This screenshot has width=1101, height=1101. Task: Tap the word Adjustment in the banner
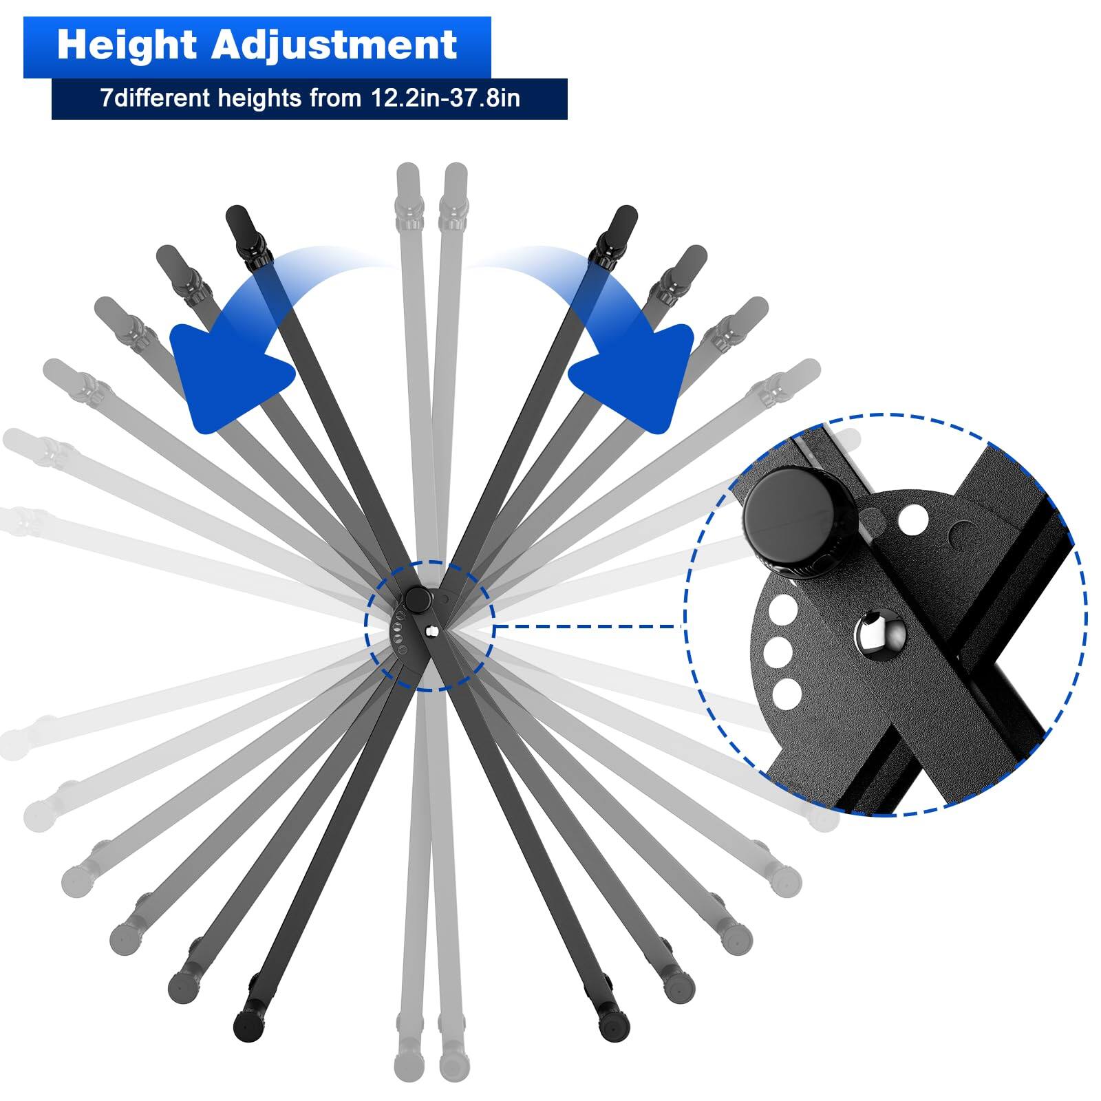334,45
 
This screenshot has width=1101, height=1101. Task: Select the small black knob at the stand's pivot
417,599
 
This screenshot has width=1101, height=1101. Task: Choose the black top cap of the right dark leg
623,218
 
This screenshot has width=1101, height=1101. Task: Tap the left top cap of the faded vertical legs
407,176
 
